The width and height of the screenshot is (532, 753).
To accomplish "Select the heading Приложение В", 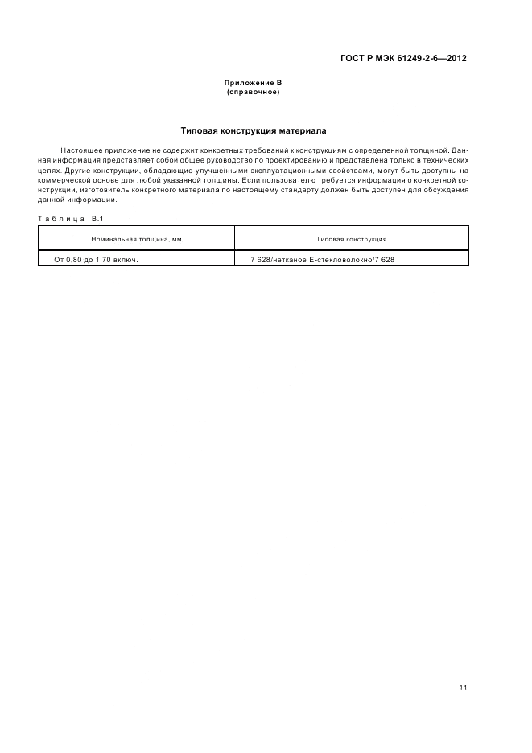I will click(253, 84).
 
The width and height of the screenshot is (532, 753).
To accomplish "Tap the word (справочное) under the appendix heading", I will click(253, 92).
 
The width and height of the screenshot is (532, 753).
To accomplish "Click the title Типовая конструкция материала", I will click(253, 130).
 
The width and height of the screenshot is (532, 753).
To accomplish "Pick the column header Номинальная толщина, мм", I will click(136, 239).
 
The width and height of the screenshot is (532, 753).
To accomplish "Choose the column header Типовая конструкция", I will click(351, 239).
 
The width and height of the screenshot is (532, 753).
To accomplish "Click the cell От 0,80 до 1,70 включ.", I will click(97, 260).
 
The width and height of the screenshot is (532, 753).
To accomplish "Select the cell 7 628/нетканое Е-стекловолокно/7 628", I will click(323, 260).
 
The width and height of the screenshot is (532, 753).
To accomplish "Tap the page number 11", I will click(463, 688).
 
